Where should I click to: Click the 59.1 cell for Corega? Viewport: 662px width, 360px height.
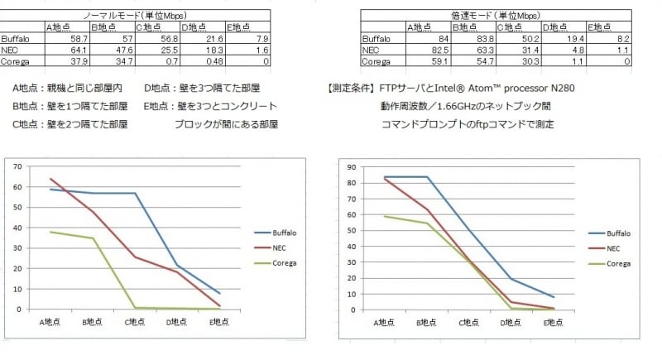click(x=438, y=60)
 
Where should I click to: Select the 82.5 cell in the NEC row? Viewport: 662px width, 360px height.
click(x=438, y=50)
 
